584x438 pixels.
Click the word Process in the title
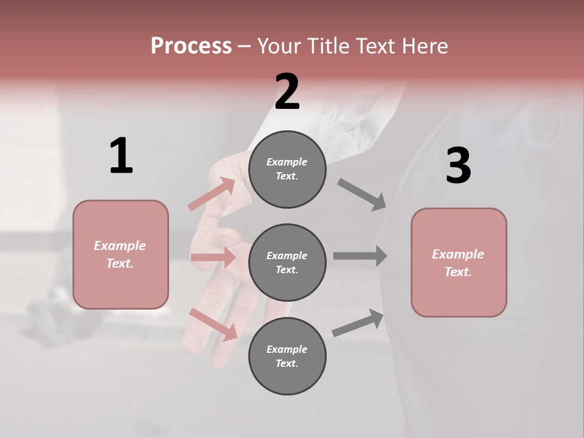(x=191, y=46)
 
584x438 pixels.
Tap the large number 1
(x=121, y=156)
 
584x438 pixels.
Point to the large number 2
(x=287, y=92)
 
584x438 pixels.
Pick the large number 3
(x=459, y=165)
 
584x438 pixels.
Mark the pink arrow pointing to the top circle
(x=212, y=193)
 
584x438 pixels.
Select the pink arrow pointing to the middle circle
(x=213, y=257)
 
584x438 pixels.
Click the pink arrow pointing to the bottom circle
(x=214, y=324)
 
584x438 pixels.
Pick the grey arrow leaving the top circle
(x=362, y=195)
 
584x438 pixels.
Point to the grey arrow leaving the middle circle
(x=360, y=255)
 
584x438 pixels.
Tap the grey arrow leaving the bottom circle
(x=358, y=323)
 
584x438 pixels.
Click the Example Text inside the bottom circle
(x=287, y=356)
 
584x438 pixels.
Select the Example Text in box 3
(x=458, y=263)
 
